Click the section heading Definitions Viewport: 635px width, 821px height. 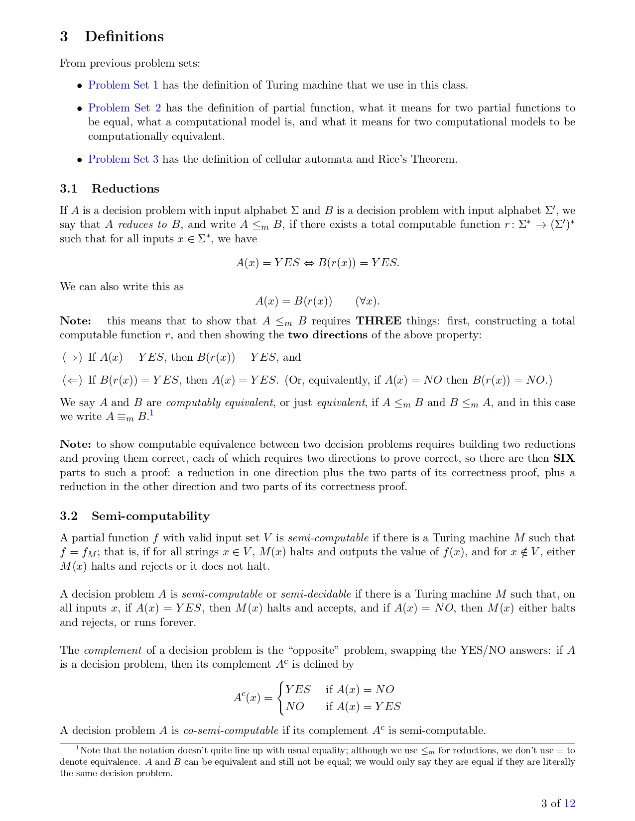pyautogui.click(x=124, y=36)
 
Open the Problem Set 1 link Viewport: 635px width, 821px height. pyautogui.click(x=124, y=85)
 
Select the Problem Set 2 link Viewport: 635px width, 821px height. pyautogui.click(x=125, y=108)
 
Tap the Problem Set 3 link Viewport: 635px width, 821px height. pyautogui.click(x=124, y=159)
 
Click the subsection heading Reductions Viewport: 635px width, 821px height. pyautogui.click(x=125, y=189)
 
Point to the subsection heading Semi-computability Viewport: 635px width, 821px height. pyautogui.click(x=150, y=516)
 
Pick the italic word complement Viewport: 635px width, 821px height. pyautogui.click(x=113, y=650)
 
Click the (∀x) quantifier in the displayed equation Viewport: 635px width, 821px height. pyautogui.click(x=368, y=301)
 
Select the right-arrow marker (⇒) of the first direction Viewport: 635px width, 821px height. pyautogui.click(x=72, y=357)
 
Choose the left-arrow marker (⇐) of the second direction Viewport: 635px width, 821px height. pyautogui.click(x=72, y=380)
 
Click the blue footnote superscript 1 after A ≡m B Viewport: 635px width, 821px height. pyautogui.click(x=151, y=413)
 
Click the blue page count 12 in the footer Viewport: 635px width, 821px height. pyautogui.click(x=569, y=803)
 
